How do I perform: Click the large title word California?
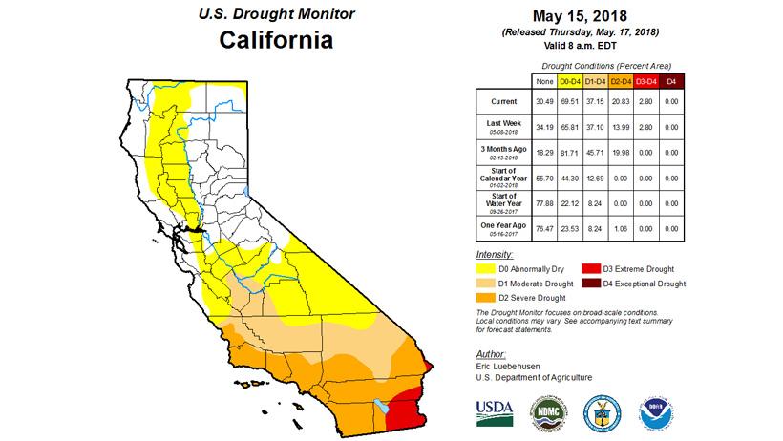tap(276, 41)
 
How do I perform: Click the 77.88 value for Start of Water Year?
tap(533, 202)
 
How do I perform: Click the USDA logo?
tap(494, 409)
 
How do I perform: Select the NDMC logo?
tap(545, 410)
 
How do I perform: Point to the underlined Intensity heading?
tap(494, 256)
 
